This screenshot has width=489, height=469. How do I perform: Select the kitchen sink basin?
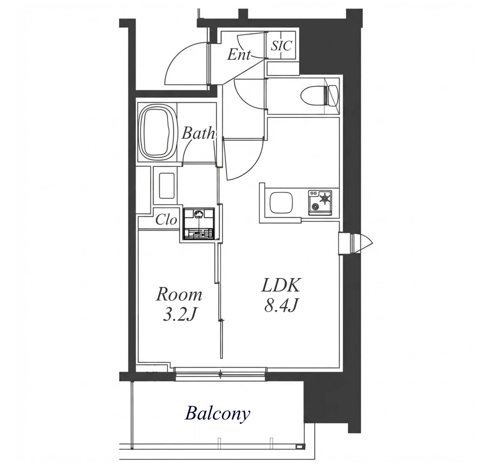coord(281,203)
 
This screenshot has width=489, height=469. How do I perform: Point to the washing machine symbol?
coord(198,224)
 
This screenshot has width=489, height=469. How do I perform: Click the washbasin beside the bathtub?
coord(167,185)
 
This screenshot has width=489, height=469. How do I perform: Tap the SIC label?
coord(281,46)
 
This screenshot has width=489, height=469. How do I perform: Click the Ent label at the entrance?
coord(239,55)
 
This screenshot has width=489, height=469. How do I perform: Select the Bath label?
coord(198,133)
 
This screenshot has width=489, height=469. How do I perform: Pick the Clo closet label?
coord(166,220)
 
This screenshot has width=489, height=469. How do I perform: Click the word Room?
coord(179,295)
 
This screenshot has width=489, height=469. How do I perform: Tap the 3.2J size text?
coord(179,315)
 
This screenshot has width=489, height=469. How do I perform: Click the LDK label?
coord(281,285)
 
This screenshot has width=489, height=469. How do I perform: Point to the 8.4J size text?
coord(281,306)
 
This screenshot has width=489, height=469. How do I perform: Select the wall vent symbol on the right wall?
coord(356,243)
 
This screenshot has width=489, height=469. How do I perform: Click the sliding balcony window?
coord(220,374)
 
